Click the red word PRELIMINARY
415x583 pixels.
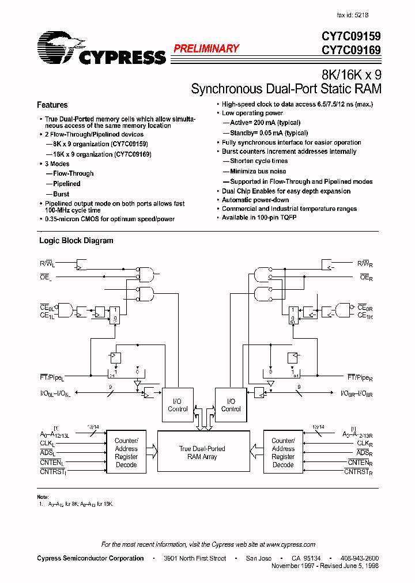pyautogui.click(x=206, y=49)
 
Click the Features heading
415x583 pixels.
pyautogui.click(x=52, y=105)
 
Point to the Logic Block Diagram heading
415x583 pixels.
pyautogui.click(x=76, y=241)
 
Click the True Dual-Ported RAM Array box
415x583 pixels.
pyautogui.click(x=202, y=453)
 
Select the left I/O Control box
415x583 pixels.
pyautogui.click(x=178, y=405)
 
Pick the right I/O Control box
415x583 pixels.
pyautogui.click(x=231, y=405)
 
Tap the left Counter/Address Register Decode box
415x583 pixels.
pyautogui.click(x=126, y=453)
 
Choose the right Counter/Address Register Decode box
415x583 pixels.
pyautogui.click(x=283, y=453)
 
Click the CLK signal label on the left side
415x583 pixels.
pyautogui.click(x=46, y=444)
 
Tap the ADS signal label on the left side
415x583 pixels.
pyautogui.click(x=46, y=453)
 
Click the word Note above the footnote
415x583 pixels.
pyautogui.click(x=43, y=497)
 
